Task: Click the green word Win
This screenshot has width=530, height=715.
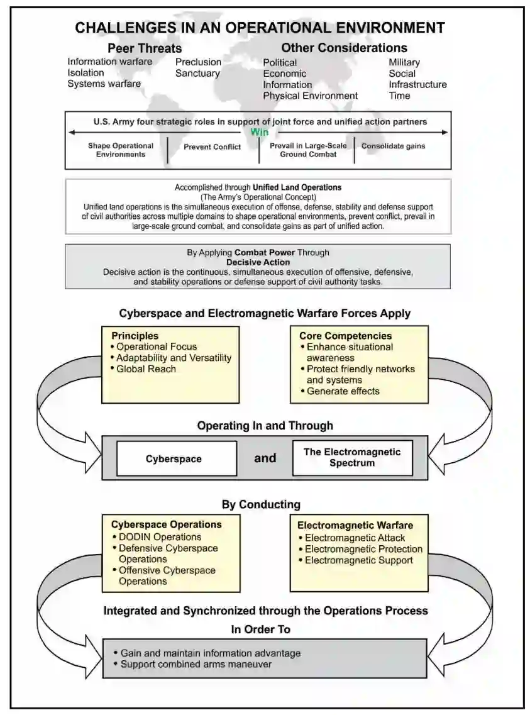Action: (x=260, y=132)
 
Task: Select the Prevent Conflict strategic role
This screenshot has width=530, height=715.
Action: (x=213, y=147)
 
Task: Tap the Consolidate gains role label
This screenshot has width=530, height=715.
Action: (x=393, y=146)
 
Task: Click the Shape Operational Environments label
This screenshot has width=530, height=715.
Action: (x=121, y=150)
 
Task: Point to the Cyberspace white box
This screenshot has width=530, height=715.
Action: (x=174, y=458)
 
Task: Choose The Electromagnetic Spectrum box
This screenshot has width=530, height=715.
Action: (x=352, y=457)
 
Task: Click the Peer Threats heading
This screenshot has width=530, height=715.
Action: (x=145, y=48)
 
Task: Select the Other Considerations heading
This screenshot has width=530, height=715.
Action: (x=344, y=48)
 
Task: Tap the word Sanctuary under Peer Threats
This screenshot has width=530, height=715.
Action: (x=197, y=73)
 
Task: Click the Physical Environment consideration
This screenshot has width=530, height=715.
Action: (x=310, y=96)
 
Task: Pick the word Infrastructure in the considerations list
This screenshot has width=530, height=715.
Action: (x=417, y=84)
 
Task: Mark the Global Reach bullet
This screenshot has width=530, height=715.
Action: (x=146, y=369)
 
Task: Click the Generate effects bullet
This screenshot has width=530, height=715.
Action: (x=343, y=391)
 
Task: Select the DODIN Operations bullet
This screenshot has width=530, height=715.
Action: (x=160, y=537)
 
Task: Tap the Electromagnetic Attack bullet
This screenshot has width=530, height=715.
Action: (x=355, y=538)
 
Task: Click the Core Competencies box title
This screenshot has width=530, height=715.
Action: (x=345, y=336)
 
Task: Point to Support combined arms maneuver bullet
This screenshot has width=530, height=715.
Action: (x=196, y=664)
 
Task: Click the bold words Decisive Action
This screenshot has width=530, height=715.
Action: (x=258, y=262)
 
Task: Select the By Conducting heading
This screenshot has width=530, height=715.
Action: (x=261, y=504)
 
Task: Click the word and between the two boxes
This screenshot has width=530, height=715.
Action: (x=265, y=458)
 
